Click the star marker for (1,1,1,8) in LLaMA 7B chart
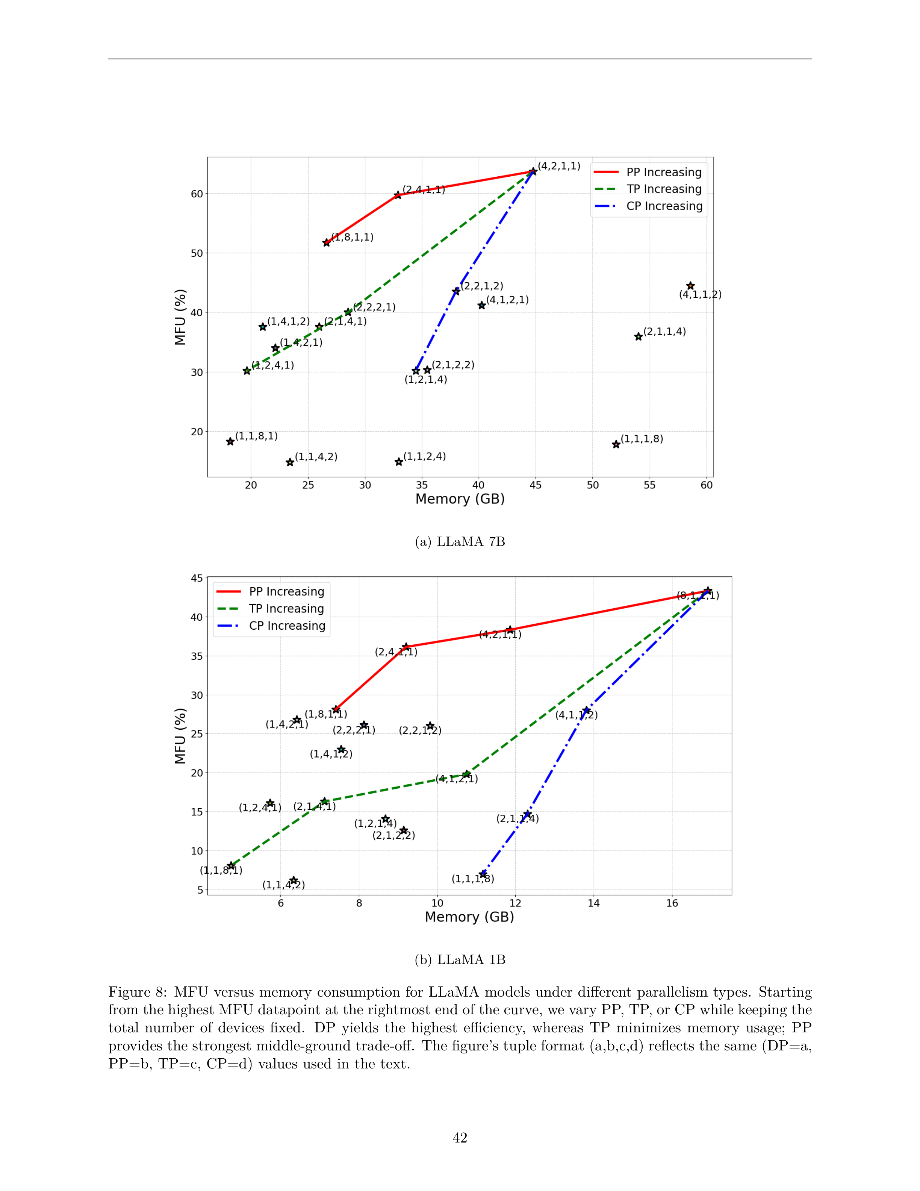pyautogui.click(x=616, y=444)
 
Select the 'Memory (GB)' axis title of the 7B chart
pyautogui.click(x=460, y=499)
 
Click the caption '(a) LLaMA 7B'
pyautogui.click(x=460, y=541)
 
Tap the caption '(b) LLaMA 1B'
pyautogui.click(x=460, y=960)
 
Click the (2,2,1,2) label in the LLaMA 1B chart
pyautogui.click(x=420, y=730)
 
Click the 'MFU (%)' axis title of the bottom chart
pyautogui.click(x=180, y=736)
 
